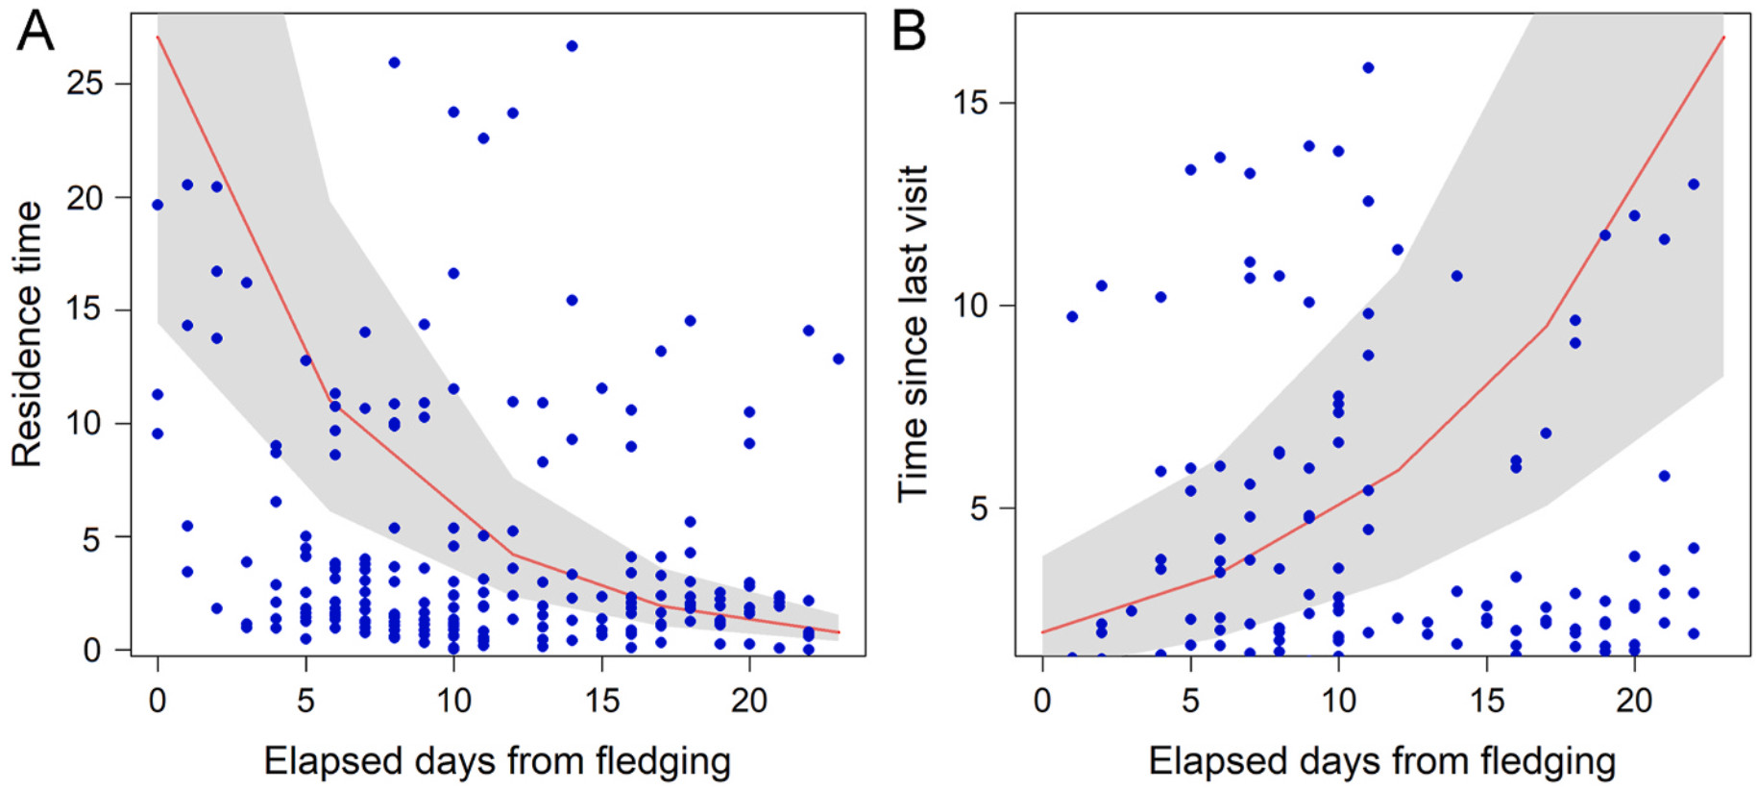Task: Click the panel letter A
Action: point(36,31)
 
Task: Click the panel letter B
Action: point(909,31)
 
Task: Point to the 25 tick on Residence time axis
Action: point(85,84)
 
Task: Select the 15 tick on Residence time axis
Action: point(85,309)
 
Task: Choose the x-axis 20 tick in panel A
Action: point(749,701)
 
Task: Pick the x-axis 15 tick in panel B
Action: point(1486,701)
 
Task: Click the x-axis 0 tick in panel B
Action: point(1042,701)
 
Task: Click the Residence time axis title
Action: point(27,333)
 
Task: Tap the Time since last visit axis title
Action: point(913,333)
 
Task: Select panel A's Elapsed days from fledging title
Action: point(497,761)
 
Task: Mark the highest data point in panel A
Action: point(572,46)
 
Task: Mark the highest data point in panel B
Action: point(1368,68)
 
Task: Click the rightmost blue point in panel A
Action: point(838,359)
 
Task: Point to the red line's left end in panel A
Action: point(158,37)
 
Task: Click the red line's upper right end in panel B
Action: point(1723,37)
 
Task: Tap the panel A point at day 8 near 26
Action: point(394,62)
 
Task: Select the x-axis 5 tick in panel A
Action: point(305,701)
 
